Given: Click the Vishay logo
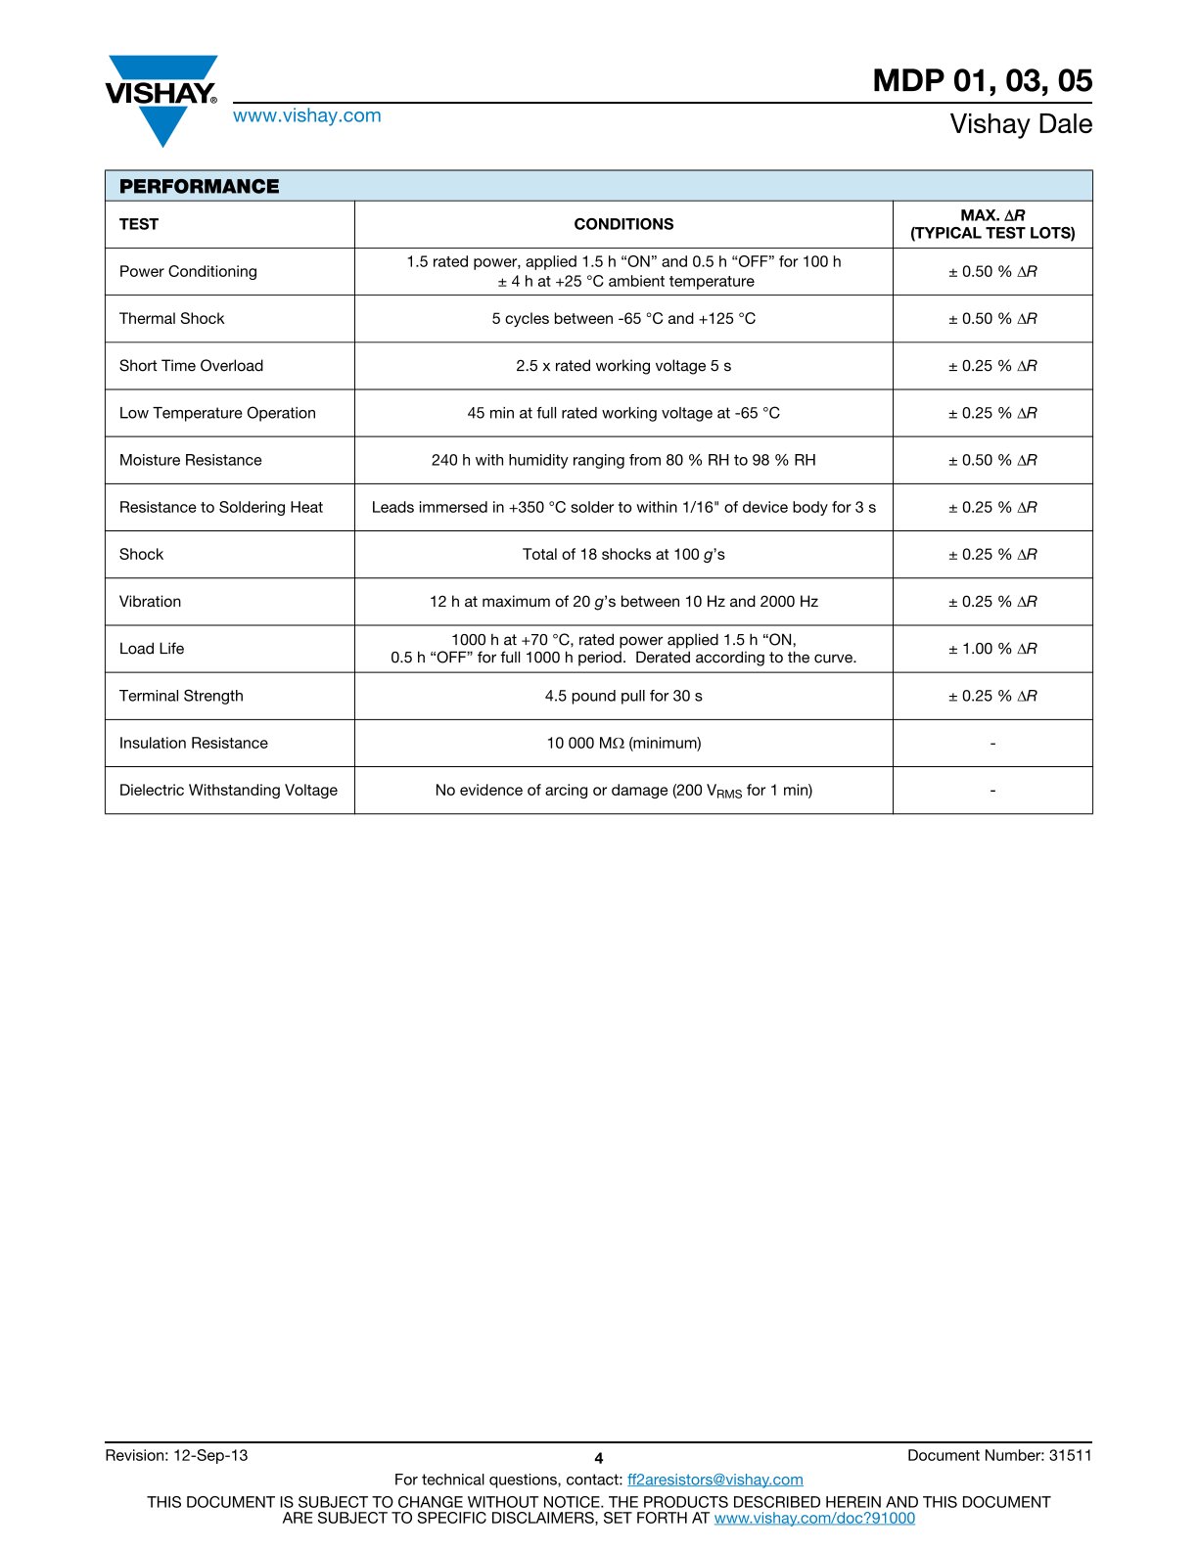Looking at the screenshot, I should click(x=161, y=99).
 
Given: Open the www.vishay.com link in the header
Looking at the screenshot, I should click(x=306, y=115).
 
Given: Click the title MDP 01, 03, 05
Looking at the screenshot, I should click(x=982, y=80).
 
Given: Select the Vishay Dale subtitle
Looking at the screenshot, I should click(x=1021, y=124).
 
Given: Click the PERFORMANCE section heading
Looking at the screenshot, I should click(x=199, y=186).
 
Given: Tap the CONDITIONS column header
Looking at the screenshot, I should click(x=623, y=224).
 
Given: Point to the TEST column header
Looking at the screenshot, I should click(x=139, y=224).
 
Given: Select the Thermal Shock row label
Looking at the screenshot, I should click(x=171, y=319).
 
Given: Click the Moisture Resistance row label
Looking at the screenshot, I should click(x=190, y=460).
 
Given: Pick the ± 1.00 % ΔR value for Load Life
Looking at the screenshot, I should click(x=992, y=649).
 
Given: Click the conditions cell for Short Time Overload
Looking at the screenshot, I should click(x=623, y=366).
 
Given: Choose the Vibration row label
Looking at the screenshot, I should click(x=150, y=602).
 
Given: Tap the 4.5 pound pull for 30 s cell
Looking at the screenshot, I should click(x=623, y=696).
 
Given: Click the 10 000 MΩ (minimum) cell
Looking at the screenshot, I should click(x=623, y=744).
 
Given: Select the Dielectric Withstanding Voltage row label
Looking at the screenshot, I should click(x=228, y=791).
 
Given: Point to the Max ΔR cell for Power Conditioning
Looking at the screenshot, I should click(x=992, y=272).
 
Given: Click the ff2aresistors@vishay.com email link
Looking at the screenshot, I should click(x=714, y=1480).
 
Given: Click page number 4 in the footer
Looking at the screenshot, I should click(x=599, y=1458).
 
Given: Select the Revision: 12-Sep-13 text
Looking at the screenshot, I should click(x=176, y=1455).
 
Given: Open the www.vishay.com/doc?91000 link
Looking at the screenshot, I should click(x=814, y=1518).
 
